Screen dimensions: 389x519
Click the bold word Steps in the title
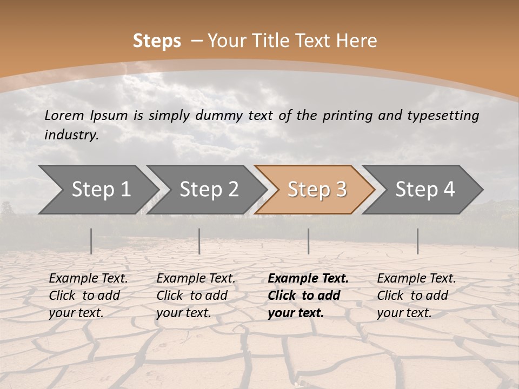[x=157, y=41]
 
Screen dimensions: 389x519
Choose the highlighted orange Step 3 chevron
[x=316, y=189]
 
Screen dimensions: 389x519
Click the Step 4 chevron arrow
[x=424, y=189]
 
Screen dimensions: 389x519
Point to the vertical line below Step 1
[x=91, y=241]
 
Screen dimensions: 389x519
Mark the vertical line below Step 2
[x=199, y=241]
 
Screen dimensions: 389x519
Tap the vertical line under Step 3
[x=309, y=241]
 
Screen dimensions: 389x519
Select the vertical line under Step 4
[x=418, y=241]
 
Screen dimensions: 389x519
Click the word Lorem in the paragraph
[x=64, y=115]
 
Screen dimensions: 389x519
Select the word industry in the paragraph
[x=71, y=135]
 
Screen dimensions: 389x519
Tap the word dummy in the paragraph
[x=217, y=115]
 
